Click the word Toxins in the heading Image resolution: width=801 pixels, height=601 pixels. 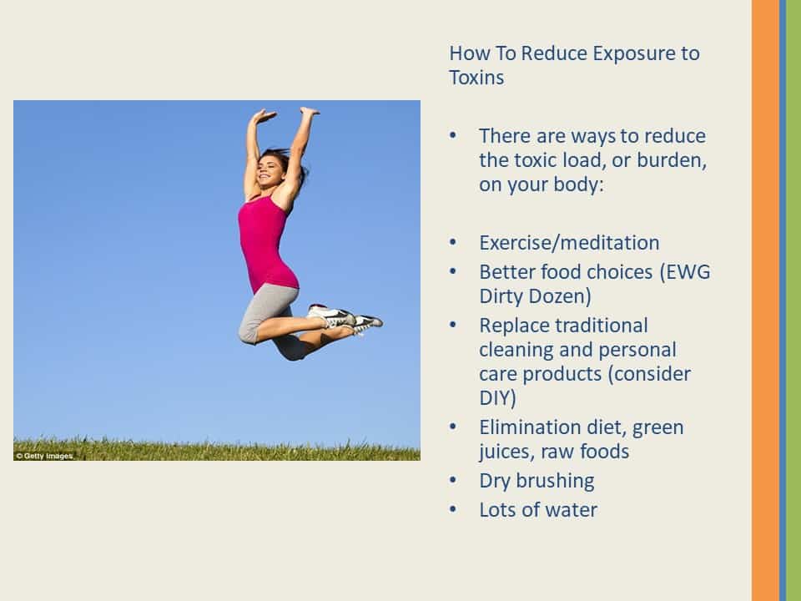[476, 78]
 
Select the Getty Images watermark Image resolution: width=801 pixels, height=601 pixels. [44, 456]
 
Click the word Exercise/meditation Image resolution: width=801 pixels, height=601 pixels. [569, 243]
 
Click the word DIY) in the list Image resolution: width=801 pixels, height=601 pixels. [497, 397]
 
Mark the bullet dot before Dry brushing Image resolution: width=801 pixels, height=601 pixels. [452, 481]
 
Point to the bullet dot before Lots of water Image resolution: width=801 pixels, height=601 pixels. [452, 509]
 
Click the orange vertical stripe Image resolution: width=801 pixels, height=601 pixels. [765, 300]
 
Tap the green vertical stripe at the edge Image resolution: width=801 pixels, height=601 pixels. [793, 300]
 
